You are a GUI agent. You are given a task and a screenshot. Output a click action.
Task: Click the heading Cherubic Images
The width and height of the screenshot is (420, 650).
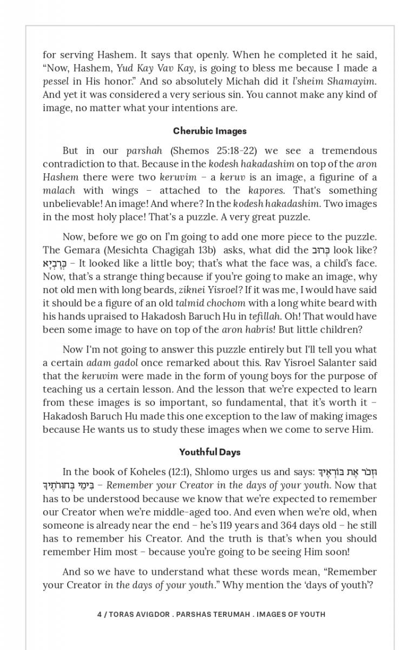[209, 131]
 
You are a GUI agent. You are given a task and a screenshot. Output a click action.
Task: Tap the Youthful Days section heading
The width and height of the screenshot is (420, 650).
[209, 452]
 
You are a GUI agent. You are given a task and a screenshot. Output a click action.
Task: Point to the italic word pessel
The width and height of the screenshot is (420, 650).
[56, 81]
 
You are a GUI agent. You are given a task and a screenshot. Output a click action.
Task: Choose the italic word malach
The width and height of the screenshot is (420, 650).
[59, 191]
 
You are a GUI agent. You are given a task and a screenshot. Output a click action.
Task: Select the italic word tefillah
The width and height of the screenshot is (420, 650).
[265, 316]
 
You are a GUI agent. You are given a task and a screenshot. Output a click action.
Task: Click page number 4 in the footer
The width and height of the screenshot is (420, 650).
[100, 614]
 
